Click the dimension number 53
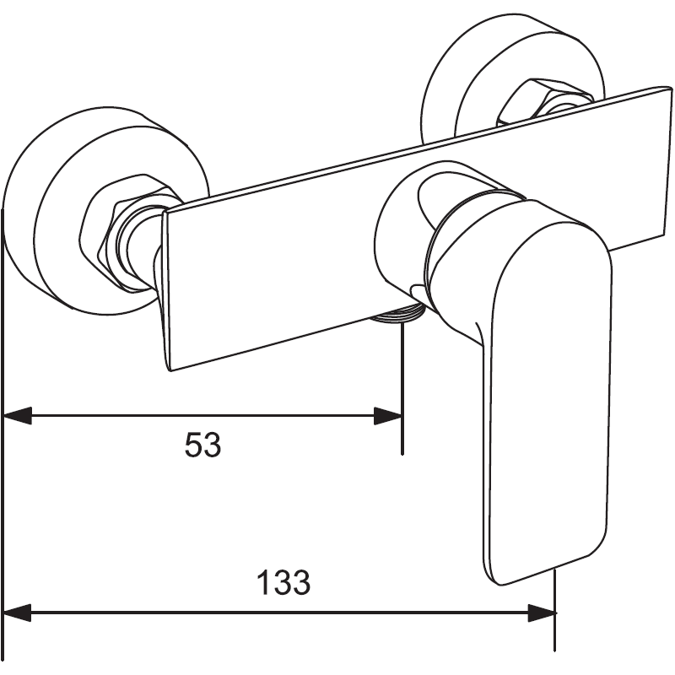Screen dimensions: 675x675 tap(202, 444)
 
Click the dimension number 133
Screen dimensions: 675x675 tap(283, 582)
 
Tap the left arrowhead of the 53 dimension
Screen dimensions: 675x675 tap(17, 416)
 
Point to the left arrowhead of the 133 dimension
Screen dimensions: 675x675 tap(17, 613)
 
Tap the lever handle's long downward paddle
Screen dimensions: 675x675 tap(540, 422)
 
